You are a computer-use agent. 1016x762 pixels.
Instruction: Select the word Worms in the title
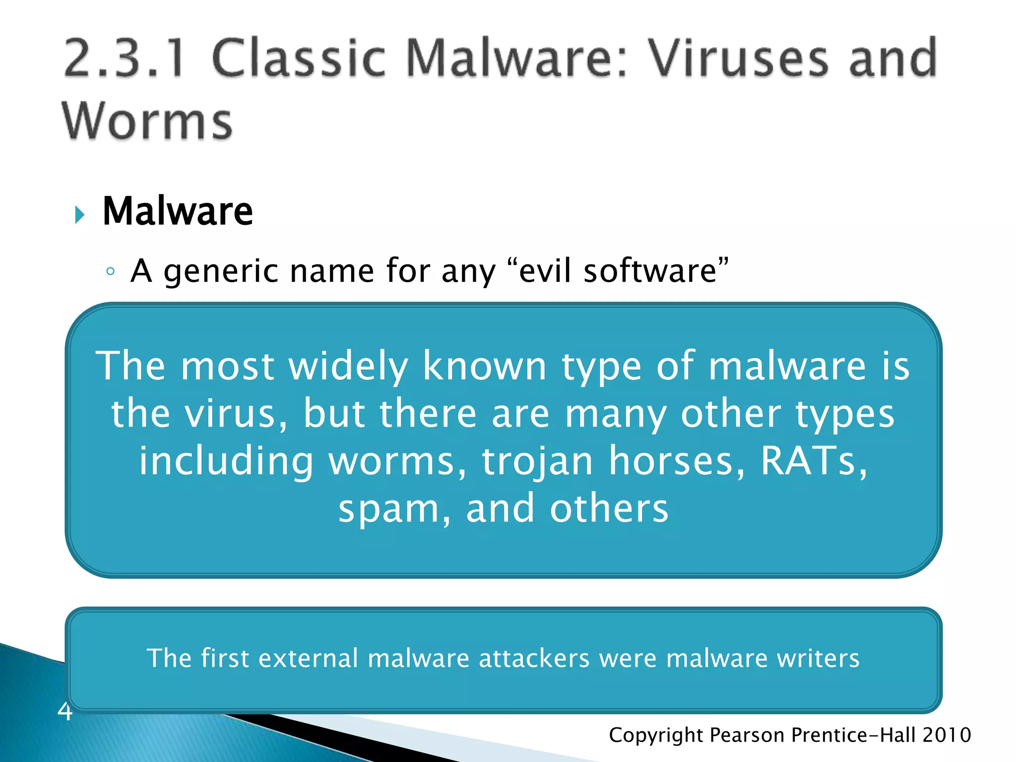click(x=147, y=122)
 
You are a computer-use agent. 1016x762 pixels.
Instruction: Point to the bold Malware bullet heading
click(x=178, y=211)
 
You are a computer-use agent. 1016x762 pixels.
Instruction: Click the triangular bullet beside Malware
click(x=79, y=215)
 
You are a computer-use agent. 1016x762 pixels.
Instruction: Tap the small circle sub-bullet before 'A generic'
click(x=111, y=271)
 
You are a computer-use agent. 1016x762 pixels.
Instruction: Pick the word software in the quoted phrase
click(x=650, y=271)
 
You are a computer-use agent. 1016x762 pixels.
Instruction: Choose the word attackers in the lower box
click(x=534, y=658)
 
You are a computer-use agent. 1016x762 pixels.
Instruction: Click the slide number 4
click(x=65, y=711)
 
